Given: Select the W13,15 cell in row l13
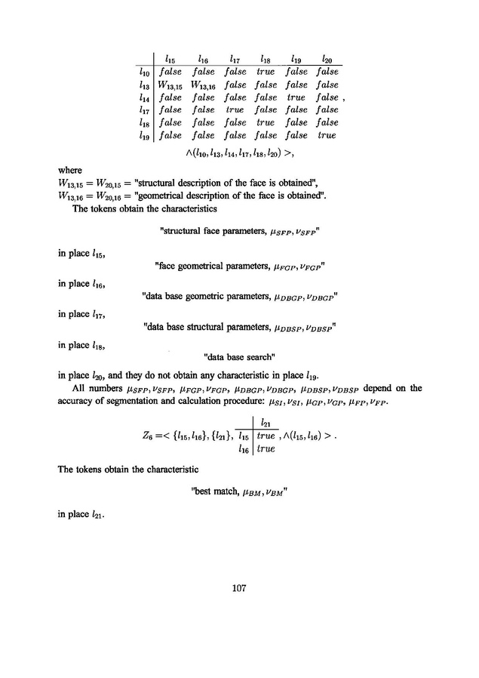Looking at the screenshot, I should coord(171,85).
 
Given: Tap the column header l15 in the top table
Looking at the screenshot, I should coord(170,57).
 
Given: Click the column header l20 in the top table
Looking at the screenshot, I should coord(326,57).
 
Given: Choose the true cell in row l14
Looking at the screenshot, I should coord(296,97).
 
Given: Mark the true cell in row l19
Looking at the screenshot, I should coord(326,136).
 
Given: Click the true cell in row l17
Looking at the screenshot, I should coord(235,110).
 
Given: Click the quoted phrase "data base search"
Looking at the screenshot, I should coord(239,356).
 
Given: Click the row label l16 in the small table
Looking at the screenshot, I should coord(243,449).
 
